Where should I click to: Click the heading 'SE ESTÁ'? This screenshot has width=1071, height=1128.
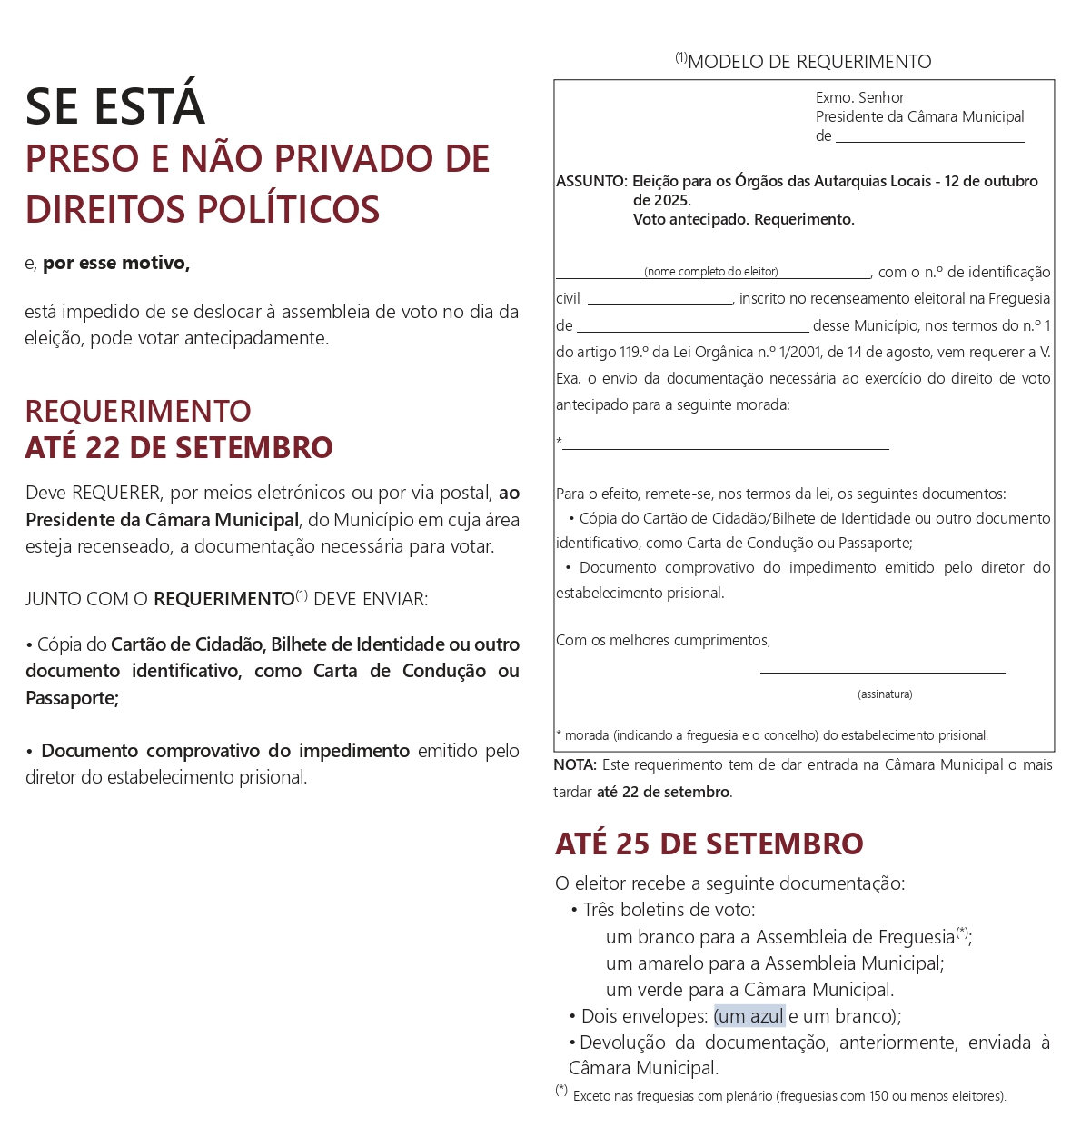pos(115,106)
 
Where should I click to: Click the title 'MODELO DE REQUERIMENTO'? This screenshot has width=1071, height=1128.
pos(808,62)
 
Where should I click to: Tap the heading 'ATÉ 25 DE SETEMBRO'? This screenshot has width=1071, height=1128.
pos(709,844)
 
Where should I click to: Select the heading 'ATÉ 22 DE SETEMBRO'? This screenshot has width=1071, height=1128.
pos(179,447)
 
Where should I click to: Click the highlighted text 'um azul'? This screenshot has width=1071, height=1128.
pos(749,1016)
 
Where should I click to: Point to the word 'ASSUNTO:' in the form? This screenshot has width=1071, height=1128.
pos(591,181)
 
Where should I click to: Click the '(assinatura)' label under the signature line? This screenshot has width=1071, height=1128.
pos(885,694)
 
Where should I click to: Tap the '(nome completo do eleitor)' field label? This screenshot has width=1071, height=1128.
pos(711,272)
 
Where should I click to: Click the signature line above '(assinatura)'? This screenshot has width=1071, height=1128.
pos(882,672)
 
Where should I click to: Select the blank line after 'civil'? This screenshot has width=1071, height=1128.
pos(659,304)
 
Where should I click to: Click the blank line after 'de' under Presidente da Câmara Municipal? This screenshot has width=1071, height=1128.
pos(929,141)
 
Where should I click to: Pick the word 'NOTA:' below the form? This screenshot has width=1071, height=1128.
pos(575,765)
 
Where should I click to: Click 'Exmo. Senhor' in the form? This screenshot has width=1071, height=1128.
pos(859,97)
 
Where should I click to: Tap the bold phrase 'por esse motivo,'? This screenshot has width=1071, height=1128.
pos(116,263)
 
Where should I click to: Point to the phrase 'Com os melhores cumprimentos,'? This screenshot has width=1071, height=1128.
pos(663,640)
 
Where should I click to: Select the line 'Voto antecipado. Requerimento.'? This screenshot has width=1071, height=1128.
pos(743,219)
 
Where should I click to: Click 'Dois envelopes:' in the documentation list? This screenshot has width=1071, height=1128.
pos(644,1016)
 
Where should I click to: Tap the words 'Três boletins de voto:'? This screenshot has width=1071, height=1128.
pos(669,910)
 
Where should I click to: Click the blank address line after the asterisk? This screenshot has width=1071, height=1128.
pos(725,447)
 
